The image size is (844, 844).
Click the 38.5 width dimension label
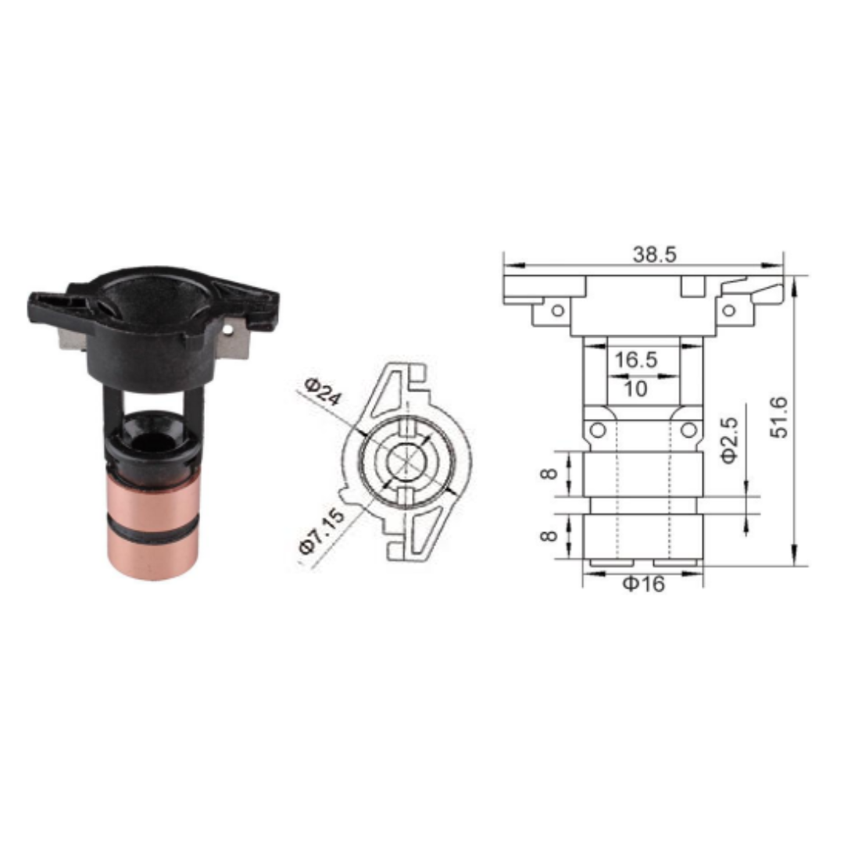[654, 254]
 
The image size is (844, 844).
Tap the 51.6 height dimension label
[778, 417]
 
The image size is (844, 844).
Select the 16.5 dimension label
[635, 359]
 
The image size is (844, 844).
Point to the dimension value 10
[635, 388]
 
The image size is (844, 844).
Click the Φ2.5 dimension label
[730, 440]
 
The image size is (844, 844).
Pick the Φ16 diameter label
[644, 584]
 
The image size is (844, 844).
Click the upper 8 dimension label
[549, 474]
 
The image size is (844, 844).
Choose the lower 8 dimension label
[549, 536]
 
